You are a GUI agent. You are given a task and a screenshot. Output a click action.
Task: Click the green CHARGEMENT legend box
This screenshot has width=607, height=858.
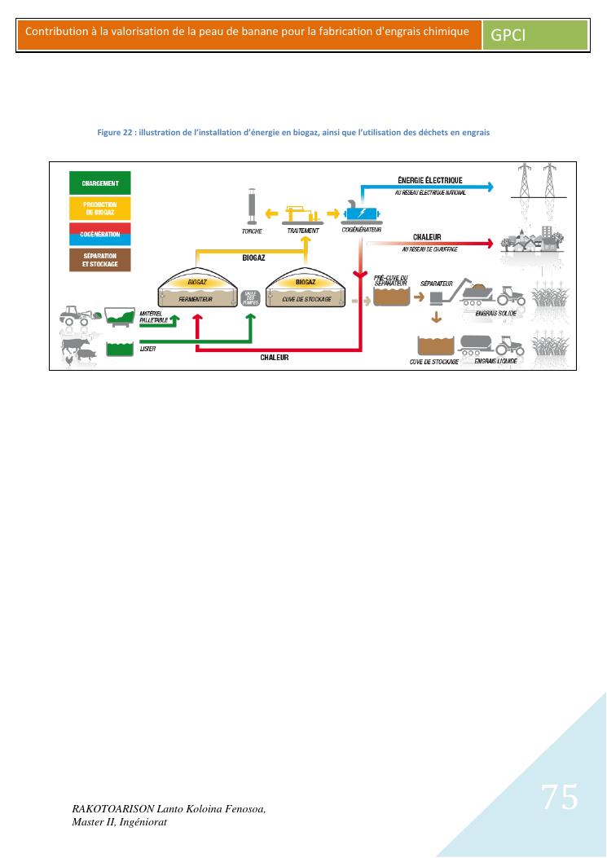coord(100,183)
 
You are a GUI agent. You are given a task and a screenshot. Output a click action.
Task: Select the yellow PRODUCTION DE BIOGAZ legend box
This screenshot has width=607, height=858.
coord(100,209)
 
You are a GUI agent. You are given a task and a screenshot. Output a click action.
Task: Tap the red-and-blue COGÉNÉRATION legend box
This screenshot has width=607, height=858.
coord(100,234)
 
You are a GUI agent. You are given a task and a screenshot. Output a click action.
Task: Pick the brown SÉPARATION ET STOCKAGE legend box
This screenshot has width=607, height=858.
coord(100,261)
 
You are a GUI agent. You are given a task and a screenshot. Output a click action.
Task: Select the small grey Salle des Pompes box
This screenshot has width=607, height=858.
coord(251,297)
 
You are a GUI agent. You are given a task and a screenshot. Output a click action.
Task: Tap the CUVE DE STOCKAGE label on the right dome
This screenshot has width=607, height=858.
coord(306,299)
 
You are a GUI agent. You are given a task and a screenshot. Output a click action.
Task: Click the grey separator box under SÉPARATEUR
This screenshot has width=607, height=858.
coord(436,297)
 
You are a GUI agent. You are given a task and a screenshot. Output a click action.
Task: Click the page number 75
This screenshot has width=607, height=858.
coord(560,796)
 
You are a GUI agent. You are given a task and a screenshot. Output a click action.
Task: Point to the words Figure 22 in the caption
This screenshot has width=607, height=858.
coord(115,132)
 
